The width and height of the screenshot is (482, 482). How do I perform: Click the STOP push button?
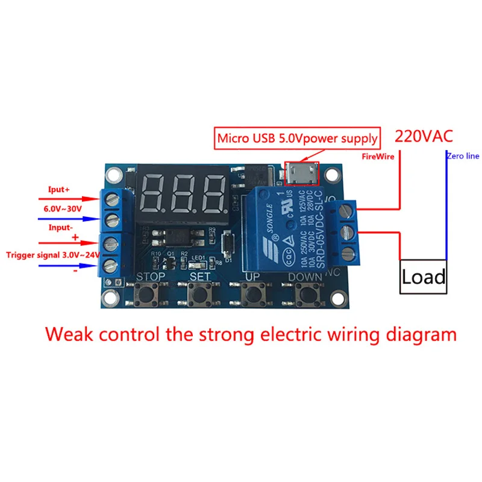(147, 296)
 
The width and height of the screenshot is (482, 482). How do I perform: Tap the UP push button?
(252, 296)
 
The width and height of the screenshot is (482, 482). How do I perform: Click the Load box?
(424, 277)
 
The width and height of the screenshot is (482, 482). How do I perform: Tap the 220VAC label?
(422, 137)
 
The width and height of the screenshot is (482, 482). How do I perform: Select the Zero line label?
(463, 156)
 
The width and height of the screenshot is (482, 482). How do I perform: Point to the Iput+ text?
(59, 189)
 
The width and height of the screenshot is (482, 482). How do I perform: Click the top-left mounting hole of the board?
(113, 175)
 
